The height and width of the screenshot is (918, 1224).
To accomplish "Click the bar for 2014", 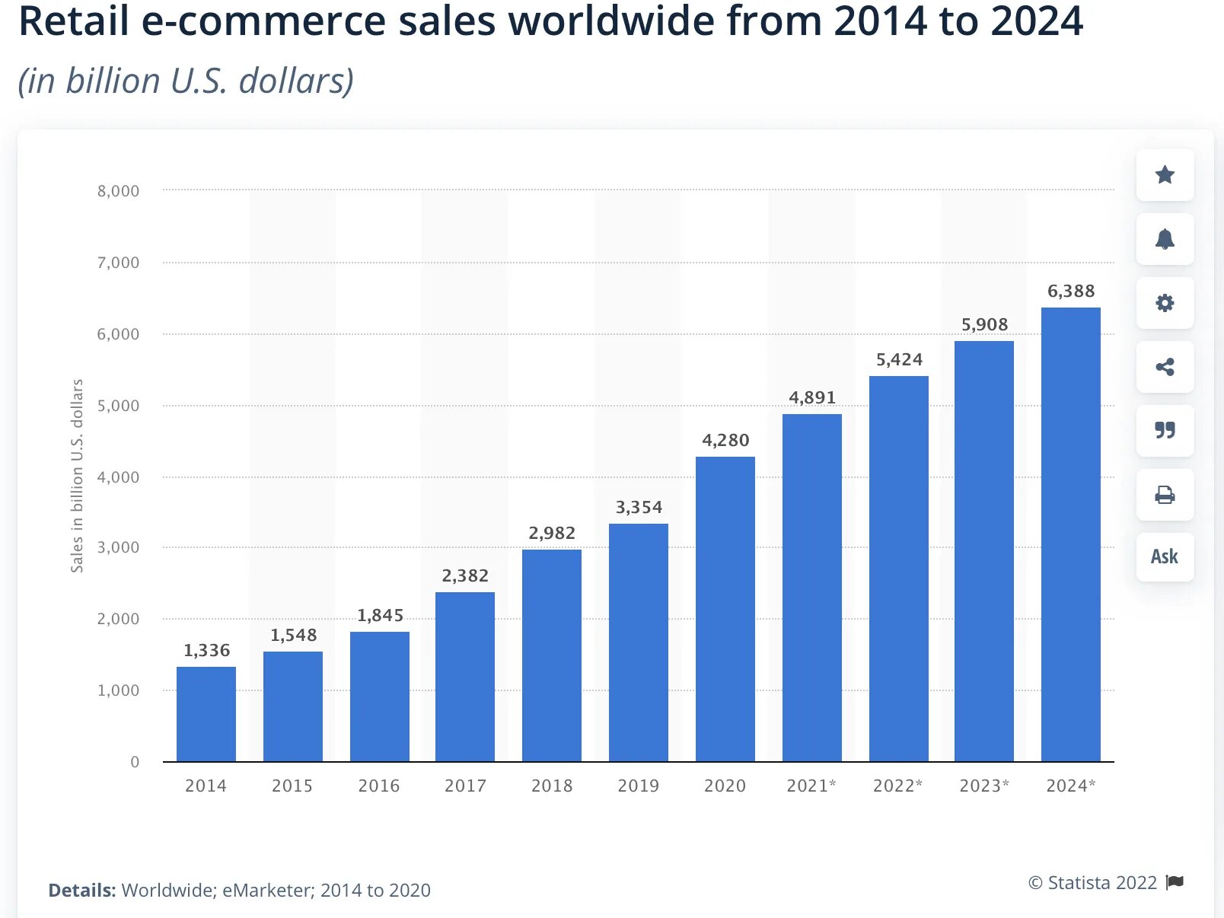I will [206, 714].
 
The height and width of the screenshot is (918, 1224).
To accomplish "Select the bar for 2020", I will [725, 609].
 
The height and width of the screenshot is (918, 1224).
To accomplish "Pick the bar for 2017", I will [465, 677].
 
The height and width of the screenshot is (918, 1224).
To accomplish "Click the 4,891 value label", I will [812, 397].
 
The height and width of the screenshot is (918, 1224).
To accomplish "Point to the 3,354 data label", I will [639, 507].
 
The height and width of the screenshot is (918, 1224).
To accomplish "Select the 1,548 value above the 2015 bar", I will [293, 635].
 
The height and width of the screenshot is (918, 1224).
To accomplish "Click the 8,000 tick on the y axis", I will [118, 191].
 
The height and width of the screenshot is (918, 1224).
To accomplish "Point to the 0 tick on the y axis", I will [135, 762].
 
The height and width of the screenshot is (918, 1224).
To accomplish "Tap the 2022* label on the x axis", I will [897, 786].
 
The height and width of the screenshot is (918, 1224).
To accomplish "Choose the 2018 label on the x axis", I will [552, 786].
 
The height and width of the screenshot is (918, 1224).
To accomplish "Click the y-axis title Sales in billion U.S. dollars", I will [77, 476].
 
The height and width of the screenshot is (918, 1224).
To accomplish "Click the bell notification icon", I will [1165, 239].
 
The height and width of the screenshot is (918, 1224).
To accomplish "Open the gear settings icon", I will [1165, 303].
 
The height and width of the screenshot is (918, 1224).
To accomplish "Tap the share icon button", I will [1165, 367].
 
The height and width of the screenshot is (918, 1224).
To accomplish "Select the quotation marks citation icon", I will [1165, 431].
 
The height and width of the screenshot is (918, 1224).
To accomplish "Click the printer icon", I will [1165, 495].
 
